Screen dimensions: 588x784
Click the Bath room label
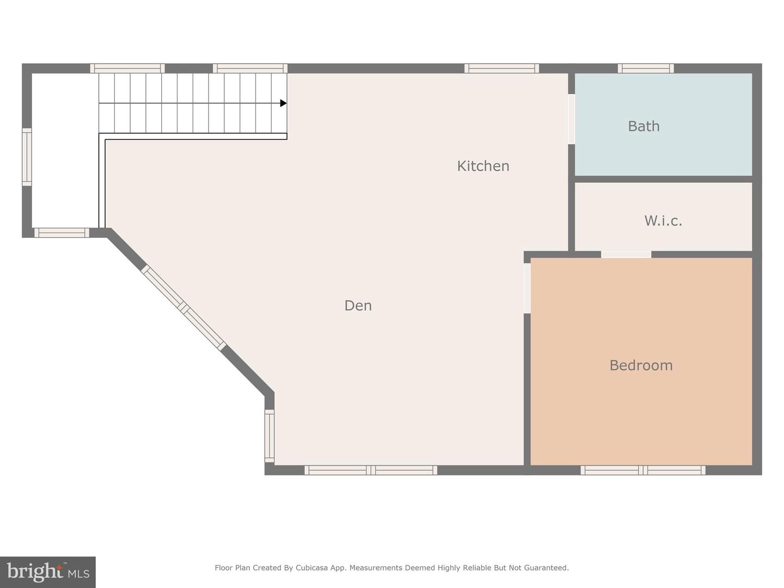point(644,126)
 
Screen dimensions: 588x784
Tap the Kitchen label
point(483,166)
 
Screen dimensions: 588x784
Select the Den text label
point(358,305)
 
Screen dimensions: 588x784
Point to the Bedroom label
point(641,365)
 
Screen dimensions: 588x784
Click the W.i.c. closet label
point(663,220)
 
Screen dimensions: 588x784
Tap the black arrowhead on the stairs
point(283,103)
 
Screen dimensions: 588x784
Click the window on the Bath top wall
point(646,69)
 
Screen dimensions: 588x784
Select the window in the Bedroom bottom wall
point(643,470)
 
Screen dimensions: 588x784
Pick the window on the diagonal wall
point(183,308)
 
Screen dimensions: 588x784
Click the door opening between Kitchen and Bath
point(571,119)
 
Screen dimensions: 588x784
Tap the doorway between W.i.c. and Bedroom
point(626,254)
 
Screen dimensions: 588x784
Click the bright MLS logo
point(48,572)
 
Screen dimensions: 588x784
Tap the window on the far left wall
point(27,157)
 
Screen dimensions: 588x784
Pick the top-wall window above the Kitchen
point(501,69)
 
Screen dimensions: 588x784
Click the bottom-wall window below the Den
point(371,470)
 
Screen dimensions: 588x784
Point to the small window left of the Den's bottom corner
point(269,436)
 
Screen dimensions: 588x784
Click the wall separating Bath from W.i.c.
point(663,179)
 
